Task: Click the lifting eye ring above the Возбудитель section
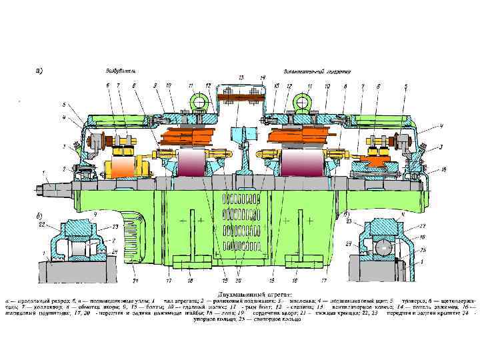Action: [197, 101]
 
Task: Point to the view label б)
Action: [39, 216]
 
